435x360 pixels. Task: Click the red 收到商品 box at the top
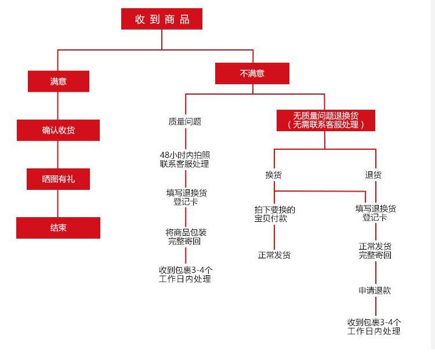162,19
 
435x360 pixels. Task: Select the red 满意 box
58,81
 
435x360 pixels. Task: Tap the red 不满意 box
252,74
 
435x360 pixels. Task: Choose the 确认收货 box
58,130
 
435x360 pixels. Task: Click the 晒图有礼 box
58,179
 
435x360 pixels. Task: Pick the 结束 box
58,228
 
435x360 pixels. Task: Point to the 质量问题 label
185,122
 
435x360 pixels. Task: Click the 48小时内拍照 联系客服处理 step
185,159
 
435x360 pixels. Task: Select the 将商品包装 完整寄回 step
185,236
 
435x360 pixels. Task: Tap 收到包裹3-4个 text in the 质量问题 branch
185,270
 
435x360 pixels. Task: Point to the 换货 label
274,175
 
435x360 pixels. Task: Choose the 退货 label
374,175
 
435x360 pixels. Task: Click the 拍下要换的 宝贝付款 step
274,214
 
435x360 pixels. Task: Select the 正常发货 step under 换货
274,255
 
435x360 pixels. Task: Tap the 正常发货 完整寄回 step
375,250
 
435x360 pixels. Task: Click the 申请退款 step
375,290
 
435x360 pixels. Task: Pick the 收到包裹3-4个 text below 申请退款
374,322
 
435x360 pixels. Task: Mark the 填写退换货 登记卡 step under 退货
375,213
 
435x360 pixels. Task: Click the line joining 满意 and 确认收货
58,106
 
